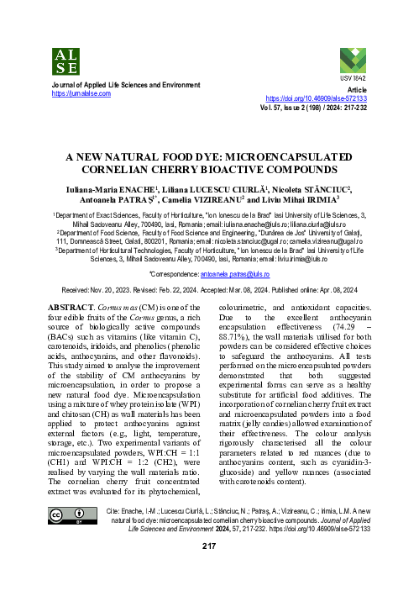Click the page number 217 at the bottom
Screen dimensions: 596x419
coord(210,546)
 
